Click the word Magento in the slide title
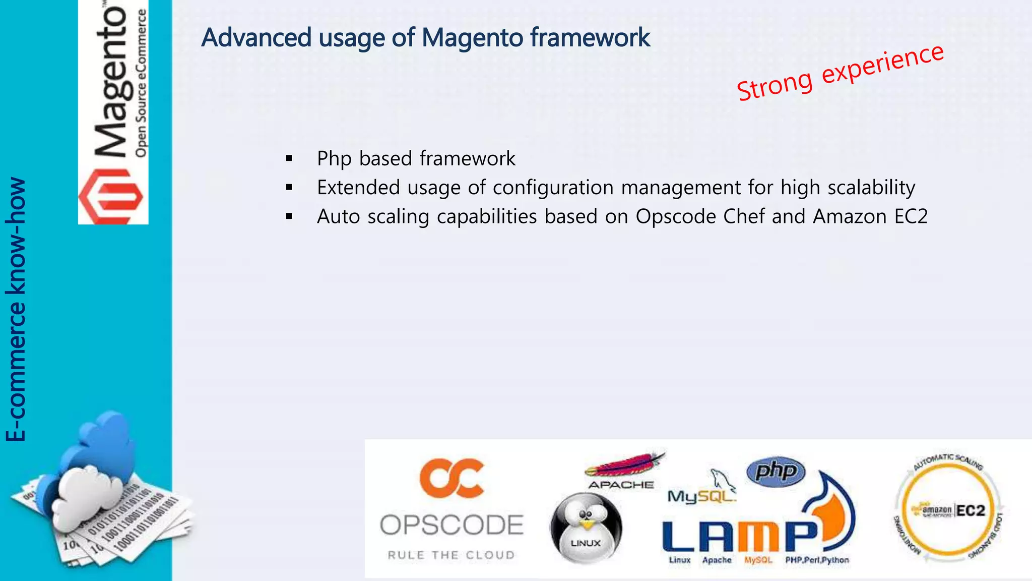pos(472,38)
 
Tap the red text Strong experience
pos(840,73)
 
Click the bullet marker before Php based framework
pos(289,159)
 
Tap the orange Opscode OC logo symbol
pos(451,478)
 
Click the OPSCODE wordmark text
pos(451,526)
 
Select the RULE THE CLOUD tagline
pos(451,555)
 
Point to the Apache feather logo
pos(625,465)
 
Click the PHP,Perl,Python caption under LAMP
pos(817,560)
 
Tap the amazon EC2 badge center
pos(948,510)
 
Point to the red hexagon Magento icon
pos(111,197)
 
